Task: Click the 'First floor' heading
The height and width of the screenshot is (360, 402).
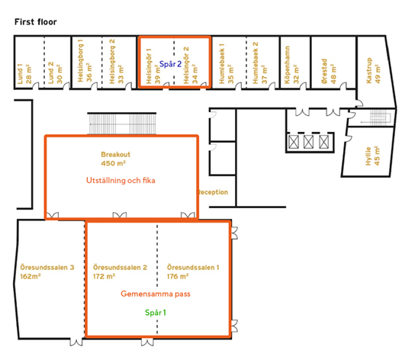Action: [x=36, y=22]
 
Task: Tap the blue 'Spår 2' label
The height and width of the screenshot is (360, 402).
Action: [x=171, y=64]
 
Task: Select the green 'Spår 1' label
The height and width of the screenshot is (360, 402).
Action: [x=156, y=313]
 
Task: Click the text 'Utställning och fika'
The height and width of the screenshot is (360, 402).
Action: [x=121, y=181]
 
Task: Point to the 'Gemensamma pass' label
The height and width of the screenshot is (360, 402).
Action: [x=156, y=294]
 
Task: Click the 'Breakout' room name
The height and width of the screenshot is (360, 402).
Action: [x=116, y=154]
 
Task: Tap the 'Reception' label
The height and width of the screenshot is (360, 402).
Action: [x=214, y=192]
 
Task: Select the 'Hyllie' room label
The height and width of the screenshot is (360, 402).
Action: [x=368, y=156]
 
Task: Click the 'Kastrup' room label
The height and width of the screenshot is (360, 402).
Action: [x=369, y=70]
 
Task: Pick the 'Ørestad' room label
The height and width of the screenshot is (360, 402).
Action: [x=324, y=71]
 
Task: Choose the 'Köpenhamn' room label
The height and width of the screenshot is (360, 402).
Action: [x=288, y=65]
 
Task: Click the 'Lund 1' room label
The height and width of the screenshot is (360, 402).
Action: [x=21, y=74]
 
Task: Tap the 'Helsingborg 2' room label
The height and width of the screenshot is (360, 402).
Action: [x=112, y=62]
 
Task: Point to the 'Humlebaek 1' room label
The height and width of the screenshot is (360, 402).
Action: [x=222, y=63]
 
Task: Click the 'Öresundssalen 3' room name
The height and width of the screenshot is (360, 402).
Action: [x=47, y=268]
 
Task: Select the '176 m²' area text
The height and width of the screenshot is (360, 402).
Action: [x=178, y=276]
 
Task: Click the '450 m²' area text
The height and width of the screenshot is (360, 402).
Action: [x=114, y=163]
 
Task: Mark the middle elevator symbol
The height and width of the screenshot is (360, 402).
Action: [x=308, y=142]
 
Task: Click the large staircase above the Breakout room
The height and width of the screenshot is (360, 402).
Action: [x=122, y=124]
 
